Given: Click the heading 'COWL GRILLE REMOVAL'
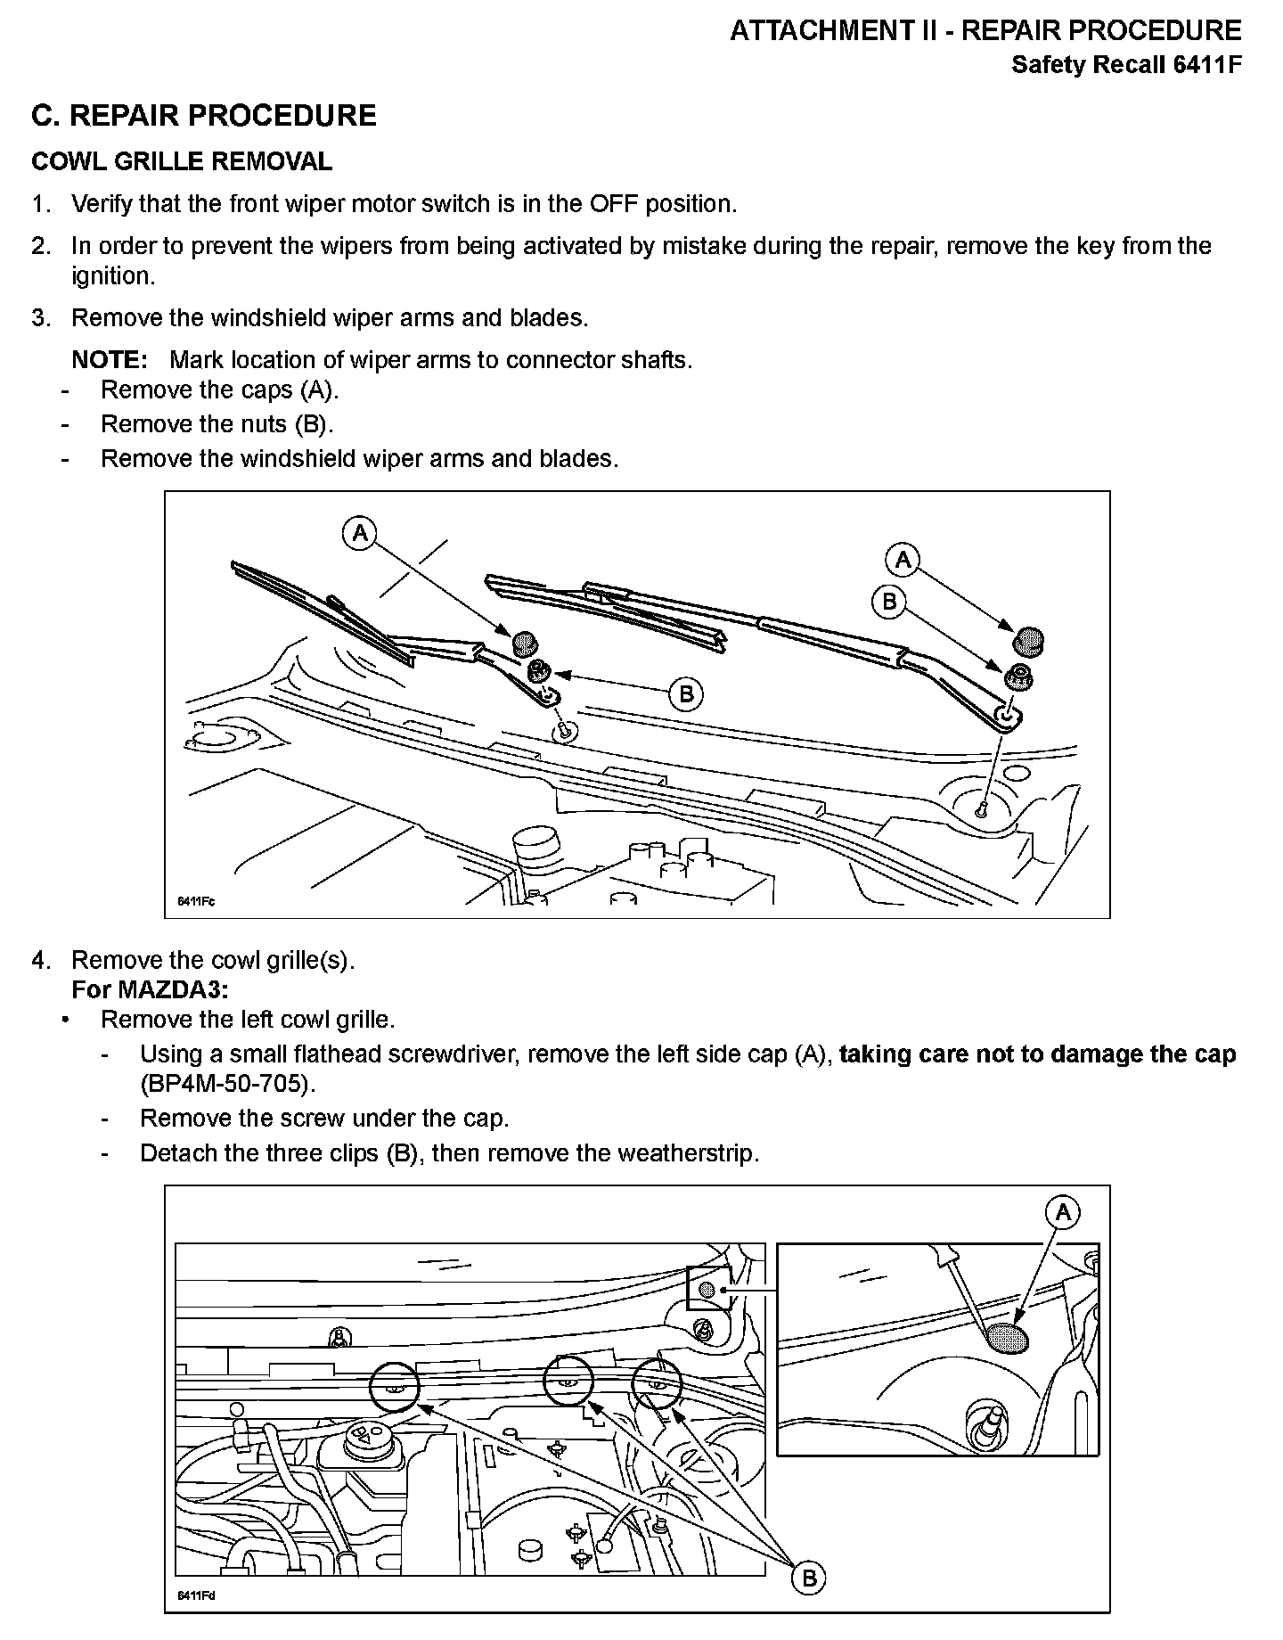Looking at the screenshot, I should click(182, 161).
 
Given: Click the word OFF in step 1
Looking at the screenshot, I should click(614, 204).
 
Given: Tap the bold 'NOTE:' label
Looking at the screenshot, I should click(109, 360).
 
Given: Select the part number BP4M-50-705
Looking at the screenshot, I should click(228, 1084).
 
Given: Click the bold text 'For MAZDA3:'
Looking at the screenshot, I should click(150, 989).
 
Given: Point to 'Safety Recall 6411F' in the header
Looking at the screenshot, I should click(1125, 65).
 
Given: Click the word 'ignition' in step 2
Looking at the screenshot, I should click(110, 276).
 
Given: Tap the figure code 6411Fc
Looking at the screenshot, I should click(196, 901).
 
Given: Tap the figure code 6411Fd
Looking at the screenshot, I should click(196, 1595).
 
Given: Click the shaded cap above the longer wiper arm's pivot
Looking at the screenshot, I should click(1030, 640).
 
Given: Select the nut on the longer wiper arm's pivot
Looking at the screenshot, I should click(1018, 678).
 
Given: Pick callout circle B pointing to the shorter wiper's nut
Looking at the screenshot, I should click(686, 693).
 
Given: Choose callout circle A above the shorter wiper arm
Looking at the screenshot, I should click(359, 533).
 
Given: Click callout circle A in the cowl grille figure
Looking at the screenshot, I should click(1063, 1212).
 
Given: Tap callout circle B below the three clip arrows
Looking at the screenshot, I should click(808, 1578).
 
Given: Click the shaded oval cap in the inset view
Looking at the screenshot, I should click(1007, 1338).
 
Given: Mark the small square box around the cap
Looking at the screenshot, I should click(708, 1289).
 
